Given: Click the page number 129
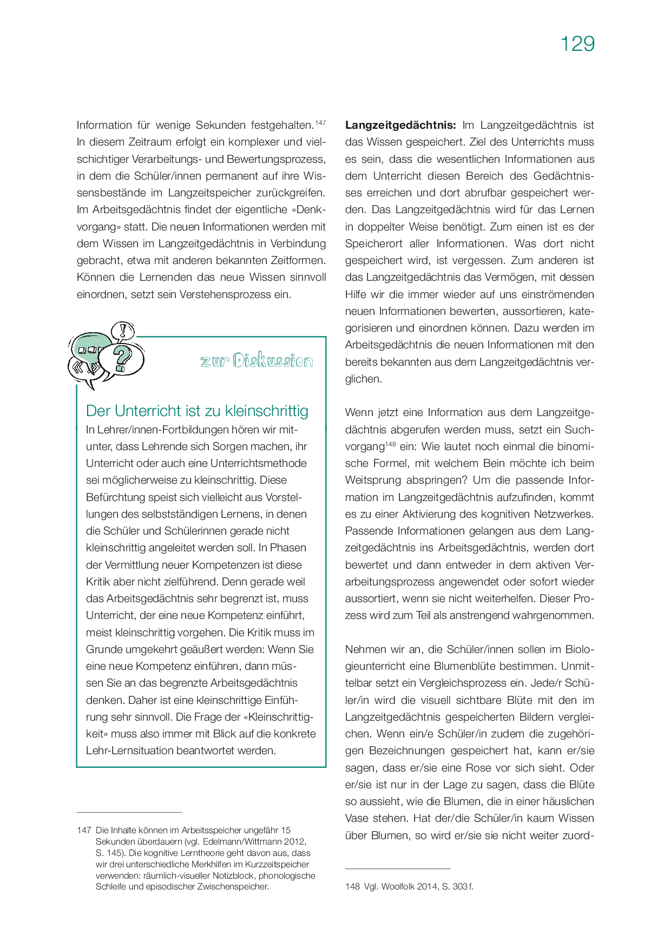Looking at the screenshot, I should click(577, 44).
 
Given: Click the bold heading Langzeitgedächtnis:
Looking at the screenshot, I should click(400, 125).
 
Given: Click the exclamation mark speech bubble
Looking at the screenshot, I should click(124, 330).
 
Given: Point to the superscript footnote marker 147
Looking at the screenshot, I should click(320, 123).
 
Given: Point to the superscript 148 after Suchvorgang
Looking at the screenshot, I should click(390, 444).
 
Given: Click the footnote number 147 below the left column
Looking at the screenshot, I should click(84, 830).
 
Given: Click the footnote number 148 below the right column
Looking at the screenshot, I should click(352, 886).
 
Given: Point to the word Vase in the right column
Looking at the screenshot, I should click(358, 818).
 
